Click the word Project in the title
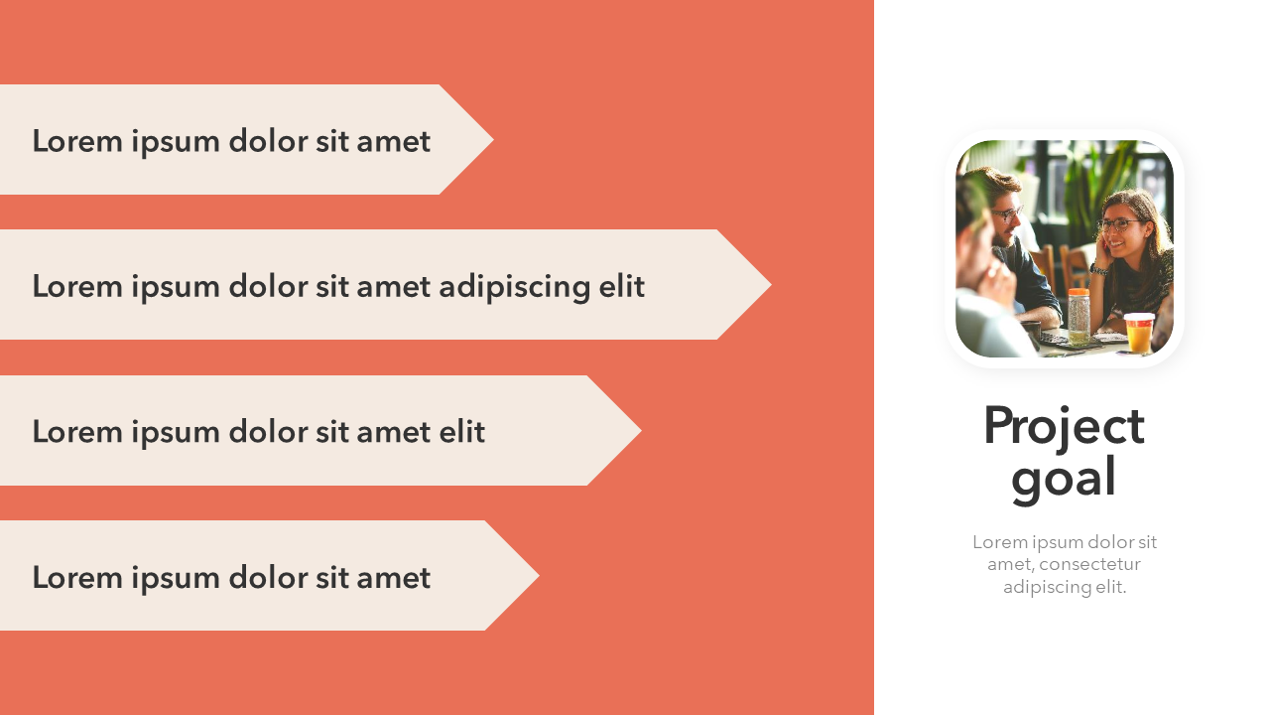coord(1064,426)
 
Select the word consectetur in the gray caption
coord(1089,564)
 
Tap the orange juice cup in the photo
coord(1139,333)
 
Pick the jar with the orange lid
coord(1079,317)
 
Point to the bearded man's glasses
coord(1007,214)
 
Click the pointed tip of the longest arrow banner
coord(771,284)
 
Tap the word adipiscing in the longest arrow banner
coord(514,287)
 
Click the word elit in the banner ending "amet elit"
coord(462,432)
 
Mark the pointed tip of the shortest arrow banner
coord(493,140)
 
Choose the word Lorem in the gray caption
coord(999,542)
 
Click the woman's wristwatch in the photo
coord(1098,270)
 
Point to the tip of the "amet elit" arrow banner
coord(641,430)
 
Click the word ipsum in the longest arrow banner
coord(176,287)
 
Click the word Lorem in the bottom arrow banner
coord(77,578)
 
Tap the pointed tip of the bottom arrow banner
coord(539,575)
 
